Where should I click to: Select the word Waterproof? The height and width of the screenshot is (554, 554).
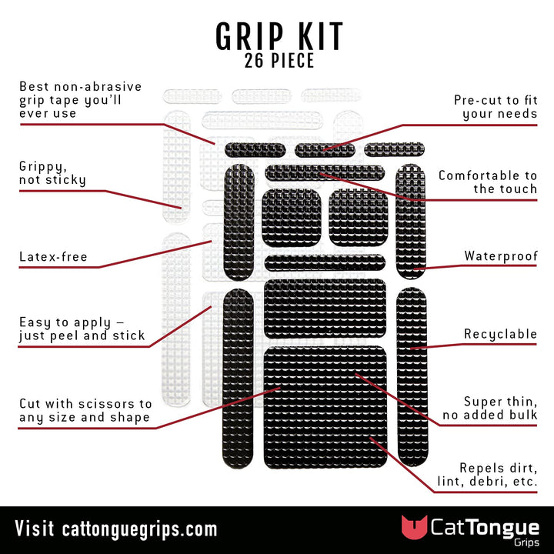tap(500, 256)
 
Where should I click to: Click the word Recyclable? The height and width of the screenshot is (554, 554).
tap(500, 335)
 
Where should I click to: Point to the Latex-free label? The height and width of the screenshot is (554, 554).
tap(53, 257)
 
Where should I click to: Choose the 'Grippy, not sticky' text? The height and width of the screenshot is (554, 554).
tap(52, 173)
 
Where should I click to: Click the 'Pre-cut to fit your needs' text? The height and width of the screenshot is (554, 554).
tap(496, 107)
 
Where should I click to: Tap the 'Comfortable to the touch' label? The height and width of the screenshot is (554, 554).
tap(488, 182)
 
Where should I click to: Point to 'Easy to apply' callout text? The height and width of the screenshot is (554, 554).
tap(82, 329)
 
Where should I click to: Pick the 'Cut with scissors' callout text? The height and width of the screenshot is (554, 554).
tap(85, 411)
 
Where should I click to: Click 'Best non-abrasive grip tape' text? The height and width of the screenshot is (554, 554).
tap(80, 100)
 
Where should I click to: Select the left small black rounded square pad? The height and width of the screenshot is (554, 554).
tap(291, 217)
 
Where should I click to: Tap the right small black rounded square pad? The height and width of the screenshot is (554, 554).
tap(357, 217)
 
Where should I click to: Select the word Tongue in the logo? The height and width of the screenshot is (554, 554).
tap(499, 526)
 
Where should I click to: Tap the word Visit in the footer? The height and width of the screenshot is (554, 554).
tap(35, 529)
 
